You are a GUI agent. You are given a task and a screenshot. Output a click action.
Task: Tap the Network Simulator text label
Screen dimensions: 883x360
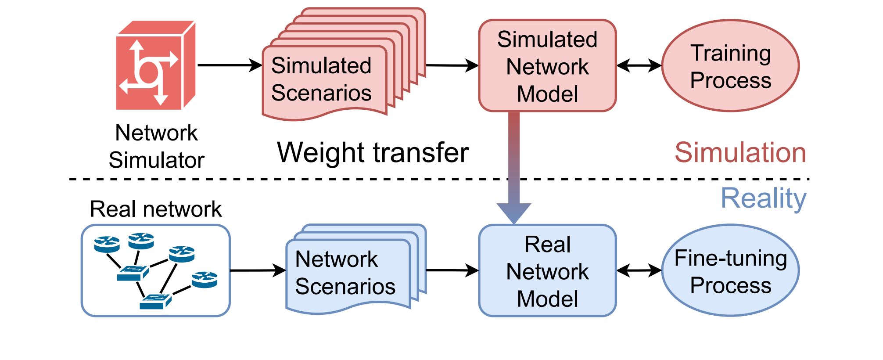[156, 146]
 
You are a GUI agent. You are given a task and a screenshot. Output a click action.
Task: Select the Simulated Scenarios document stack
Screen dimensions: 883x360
[344, 64]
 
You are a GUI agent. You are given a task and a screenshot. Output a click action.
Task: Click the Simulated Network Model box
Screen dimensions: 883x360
[547, 65]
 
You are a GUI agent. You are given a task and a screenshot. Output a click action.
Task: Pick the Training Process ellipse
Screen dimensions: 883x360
[730, 65]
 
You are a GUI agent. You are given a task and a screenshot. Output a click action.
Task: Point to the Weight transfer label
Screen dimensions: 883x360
[373, 152]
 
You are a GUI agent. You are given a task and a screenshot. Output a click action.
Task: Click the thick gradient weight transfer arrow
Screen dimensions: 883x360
[514, 168]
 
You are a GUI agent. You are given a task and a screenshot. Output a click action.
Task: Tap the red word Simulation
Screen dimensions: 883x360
[740, 152]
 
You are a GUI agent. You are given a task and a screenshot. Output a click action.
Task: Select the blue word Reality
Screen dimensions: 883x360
[764, 199]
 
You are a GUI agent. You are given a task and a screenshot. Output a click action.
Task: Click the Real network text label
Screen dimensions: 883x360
[156, 209]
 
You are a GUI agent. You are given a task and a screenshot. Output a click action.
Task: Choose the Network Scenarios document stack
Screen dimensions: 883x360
[356, 269]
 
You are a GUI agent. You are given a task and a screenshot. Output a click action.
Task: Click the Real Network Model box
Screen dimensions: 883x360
[547, 270]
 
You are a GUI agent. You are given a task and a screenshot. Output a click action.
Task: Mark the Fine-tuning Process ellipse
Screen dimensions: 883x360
[730, 270]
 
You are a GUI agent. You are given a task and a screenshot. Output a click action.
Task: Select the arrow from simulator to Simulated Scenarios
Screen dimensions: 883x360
[230, 65]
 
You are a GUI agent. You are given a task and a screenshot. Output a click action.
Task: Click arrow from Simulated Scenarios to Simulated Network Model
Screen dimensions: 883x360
[452, 65]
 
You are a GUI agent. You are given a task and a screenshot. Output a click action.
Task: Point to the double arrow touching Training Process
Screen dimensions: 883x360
[639, 65]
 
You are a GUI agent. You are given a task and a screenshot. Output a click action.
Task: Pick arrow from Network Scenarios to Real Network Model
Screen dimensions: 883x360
[452, 270]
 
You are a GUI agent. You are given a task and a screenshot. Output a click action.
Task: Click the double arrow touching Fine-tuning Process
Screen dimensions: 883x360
[639, 270]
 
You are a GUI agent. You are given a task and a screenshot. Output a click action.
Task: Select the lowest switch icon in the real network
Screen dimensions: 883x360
[155, 301]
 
